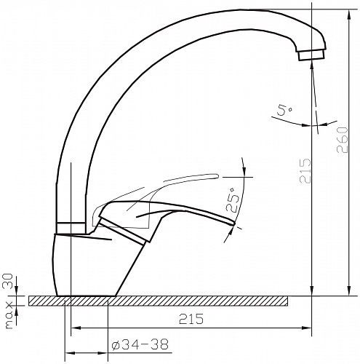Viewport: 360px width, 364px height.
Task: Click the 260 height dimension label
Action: (343, 140)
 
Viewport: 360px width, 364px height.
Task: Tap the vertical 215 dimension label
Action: (305, 171)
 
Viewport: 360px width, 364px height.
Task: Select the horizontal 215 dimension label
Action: (191, 319)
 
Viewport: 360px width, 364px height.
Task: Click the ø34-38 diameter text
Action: (140, 344)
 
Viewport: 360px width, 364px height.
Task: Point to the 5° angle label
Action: (284, 111)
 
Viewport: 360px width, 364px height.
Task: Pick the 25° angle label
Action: (232, 200)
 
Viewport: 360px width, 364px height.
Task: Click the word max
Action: (9, 315)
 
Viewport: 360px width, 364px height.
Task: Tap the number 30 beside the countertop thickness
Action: (8, 281)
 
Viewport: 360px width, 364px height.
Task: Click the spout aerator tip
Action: (311, 55)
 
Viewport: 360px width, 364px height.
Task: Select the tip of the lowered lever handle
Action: (233, 223)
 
